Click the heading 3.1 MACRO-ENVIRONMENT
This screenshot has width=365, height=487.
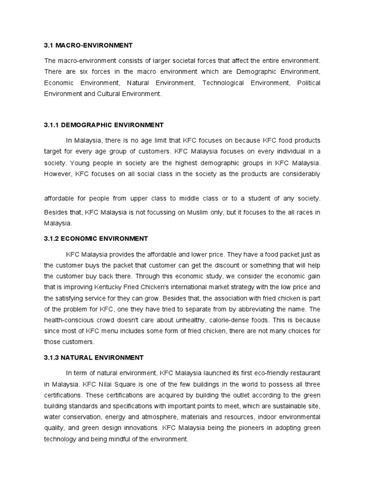tap(88, 46)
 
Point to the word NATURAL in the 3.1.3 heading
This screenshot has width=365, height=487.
tap(78, 357)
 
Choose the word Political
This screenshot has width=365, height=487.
tap(308, 83)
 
